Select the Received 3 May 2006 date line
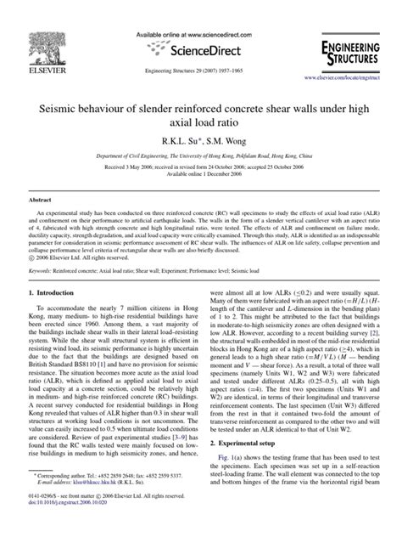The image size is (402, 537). tap(200, 158)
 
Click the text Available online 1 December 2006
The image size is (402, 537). tap(200, 168)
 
